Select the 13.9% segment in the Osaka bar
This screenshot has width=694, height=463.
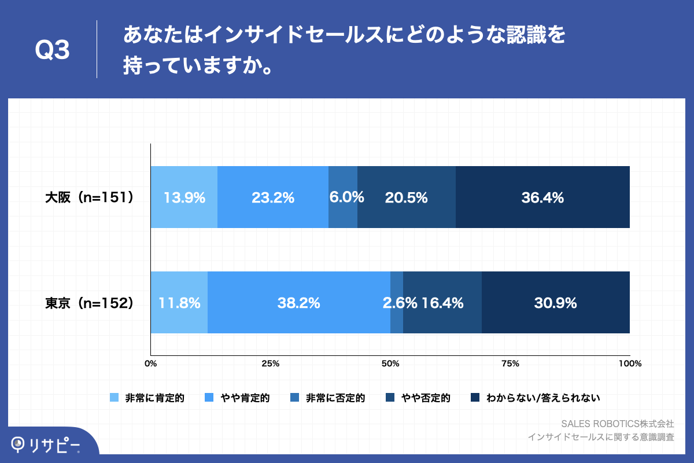(x=184, y=197)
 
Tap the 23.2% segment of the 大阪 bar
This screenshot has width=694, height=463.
(x=273, y=197)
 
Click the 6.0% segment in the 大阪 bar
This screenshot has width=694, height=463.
(x=343, y=197)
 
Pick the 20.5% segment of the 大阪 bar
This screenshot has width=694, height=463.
(x=407, y=197)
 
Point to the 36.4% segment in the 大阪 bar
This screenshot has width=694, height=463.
(x=542, y=197)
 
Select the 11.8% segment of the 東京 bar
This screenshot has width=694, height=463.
(x=179, y=303)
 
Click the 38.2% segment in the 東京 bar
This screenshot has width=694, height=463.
(x=299, y=303)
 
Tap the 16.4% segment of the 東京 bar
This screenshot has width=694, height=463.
(x=442, y=303)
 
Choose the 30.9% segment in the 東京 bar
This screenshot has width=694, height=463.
(x=555, y=303)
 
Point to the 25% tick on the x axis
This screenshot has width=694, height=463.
(x=271, y=363)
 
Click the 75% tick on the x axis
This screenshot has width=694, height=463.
(x=510, y=363)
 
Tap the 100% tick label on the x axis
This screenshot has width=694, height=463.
(x=629, y=363)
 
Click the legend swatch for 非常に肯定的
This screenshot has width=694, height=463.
(x=114, y=398)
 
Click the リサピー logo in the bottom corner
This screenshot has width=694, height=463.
(x=46, y=444)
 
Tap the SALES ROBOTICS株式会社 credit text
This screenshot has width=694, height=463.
(x=618, y=424)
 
